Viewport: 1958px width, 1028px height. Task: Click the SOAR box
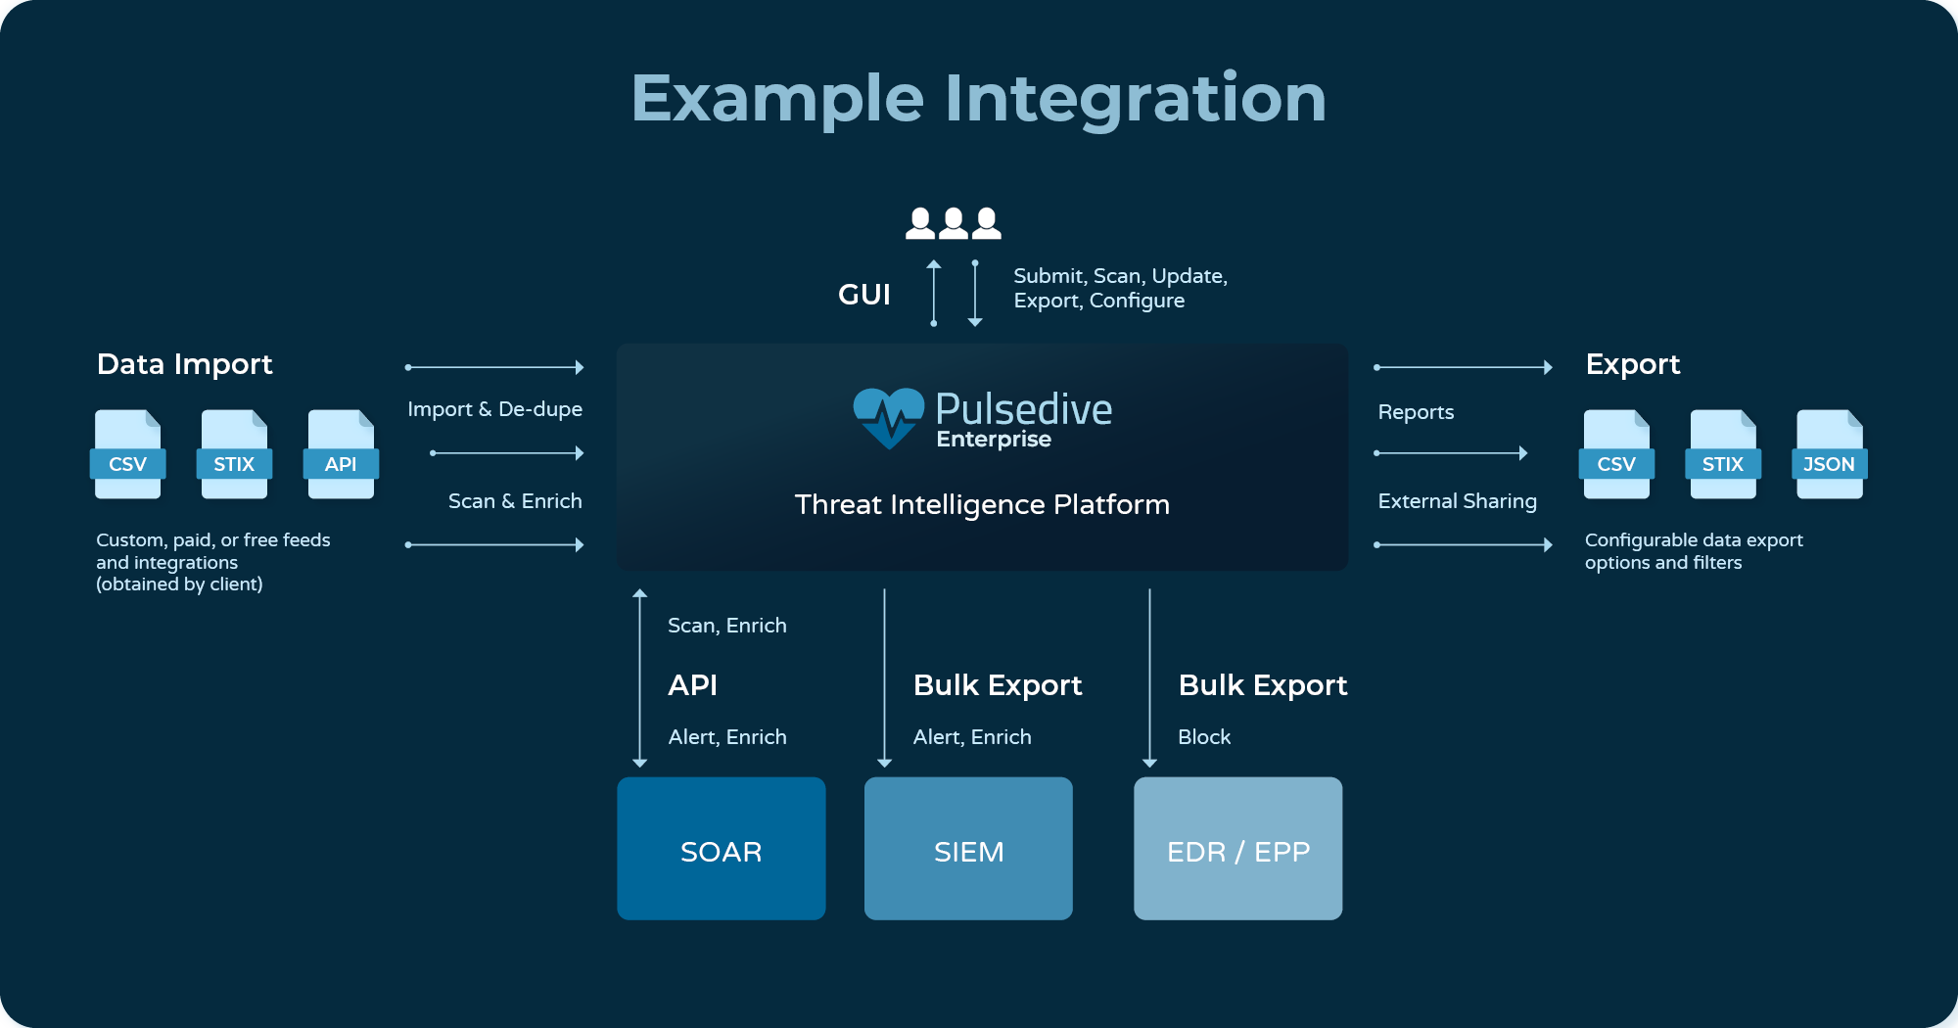click(722, 848)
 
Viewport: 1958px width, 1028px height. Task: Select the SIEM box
click(968, 848)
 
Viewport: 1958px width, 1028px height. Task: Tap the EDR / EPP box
click(1238, 848)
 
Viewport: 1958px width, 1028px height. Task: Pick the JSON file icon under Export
click(1830, 454)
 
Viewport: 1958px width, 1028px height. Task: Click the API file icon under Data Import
click(341, 454)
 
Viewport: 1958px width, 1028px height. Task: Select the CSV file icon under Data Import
click(128, 454)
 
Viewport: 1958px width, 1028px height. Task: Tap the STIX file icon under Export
click(1723, 454)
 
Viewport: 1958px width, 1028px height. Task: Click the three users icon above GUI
click(954, 223)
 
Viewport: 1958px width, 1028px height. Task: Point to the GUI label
click(864, 295)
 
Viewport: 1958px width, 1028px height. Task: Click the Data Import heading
click(185, 364)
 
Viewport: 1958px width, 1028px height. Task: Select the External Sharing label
click(1458, 501)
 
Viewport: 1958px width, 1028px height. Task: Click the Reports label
click(1416, 412)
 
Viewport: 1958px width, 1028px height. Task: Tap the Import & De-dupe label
click(495, 409)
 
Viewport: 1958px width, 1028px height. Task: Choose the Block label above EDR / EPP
click(1204, 737)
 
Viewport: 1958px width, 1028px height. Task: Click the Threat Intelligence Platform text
click(982, 504)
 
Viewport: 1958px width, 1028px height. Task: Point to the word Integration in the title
click(1136, 99)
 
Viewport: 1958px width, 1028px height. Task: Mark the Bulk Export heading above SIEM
click(998, 685)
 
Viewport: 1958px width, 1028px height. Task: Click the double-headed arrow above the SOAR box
click(640, 678)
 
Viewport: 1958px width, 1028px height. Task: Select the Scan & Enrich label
click(515, 501)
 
